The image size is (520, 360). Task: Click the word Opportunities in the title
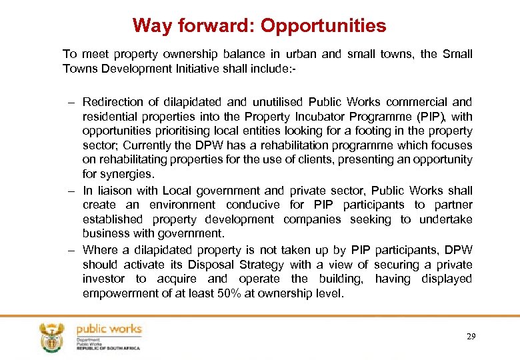pyautogui.click(x=323, y=26)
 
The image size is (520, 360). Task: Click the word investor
pyautogui.click(x=103, y=279)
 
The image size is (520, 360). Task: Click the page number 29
pyautogui.click(x=471, y=337)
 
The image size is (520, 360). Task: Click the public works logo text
pyautogui.click(x=109, y=329)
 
